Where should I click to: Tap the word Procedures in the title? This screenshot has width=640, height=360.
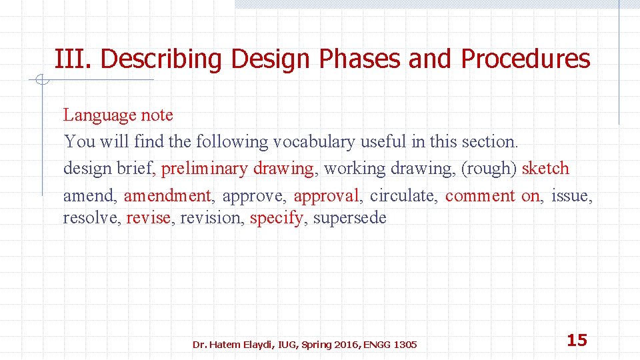525,59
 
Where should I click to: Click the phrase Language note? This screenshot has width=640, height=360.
118,115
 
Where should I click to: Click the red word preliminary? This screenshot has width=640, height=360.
204,169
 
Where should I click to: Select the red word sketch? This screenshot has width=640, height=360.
545,169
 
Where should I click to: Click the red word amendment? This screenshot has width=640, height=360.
167,196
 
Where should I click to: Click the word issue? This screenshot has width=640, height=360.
571,196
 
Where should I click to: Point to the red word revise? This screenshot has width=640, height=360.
148,218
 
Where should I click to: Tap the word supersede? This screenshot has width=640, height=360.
349,219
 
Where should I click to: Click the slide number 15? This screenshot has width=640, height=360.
577,341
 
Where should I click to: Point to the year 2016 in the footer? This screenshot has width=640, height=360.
345,345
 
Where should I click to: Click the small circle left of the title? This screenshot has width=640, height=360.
41,81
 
